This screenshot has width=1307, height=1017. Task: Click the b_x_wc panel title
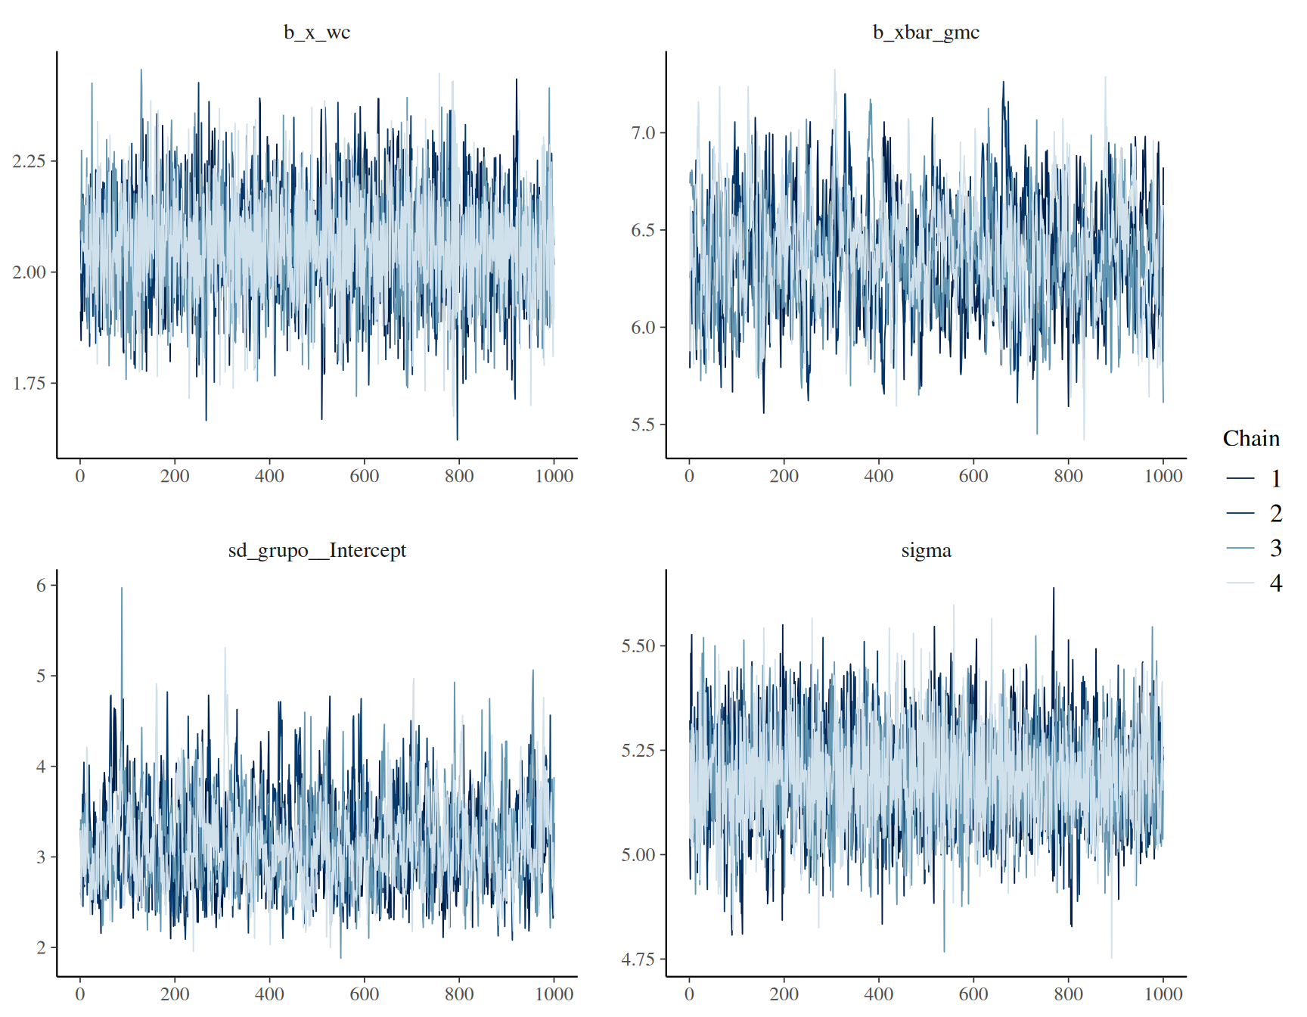click(x=317, y=33)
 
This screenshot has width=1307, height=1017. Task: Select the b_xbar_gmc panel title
click(x=926, y=33)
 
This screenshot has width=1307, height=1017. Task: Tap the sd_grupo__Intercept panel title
click(x=317, y=550)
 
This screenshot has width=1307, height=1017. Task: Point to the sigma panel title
click(x=926, y=551)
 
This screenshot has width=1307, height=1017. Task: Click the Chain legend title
click(x=1251, y=438)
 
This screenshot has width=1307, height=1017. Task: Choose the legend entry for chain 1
click(x=1253, y=478)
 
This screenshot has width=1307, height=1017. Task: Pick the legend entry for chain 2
click(x=1253, y=513)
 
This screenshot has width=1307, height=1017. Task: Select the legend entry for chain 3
click(x=1253, y=548)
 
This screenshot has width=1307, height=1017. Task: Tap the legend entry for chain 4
click(x=1253, y=583)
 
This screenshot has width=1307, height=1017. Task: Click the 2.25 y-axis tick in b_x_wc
click(x=29, y=161)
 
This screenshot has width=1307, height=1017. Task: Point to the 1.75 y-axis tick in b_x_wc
click(x=29, y=383)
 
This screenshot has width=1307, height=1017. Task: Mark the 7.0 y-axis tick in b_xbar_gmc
click(x=643, y=133)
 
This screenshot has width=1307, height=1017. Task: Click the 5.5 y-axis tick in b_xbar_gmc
click(x=643, y=425)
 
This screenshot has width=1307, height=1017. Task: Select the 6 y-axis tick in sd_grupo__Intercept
click(x=42, y=585)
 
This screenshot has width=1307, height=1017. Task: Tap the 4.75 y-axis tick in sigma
click(x=638, y=959)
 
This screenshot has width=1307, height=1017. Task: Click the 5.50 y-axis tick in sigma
click(x=638, y=646)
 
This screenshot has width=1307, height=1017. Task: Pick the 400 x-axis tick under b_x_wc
click(x=269, y=476)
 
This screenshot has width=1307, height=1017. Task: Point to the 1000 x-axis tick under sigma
click(x=1163, y=994)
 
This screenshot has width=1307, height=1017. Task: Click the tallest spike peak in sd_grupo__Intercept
click(x=121, y=588)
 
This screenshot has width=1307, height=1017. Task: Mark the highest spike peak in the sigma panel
click(x=1054, y=588)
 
